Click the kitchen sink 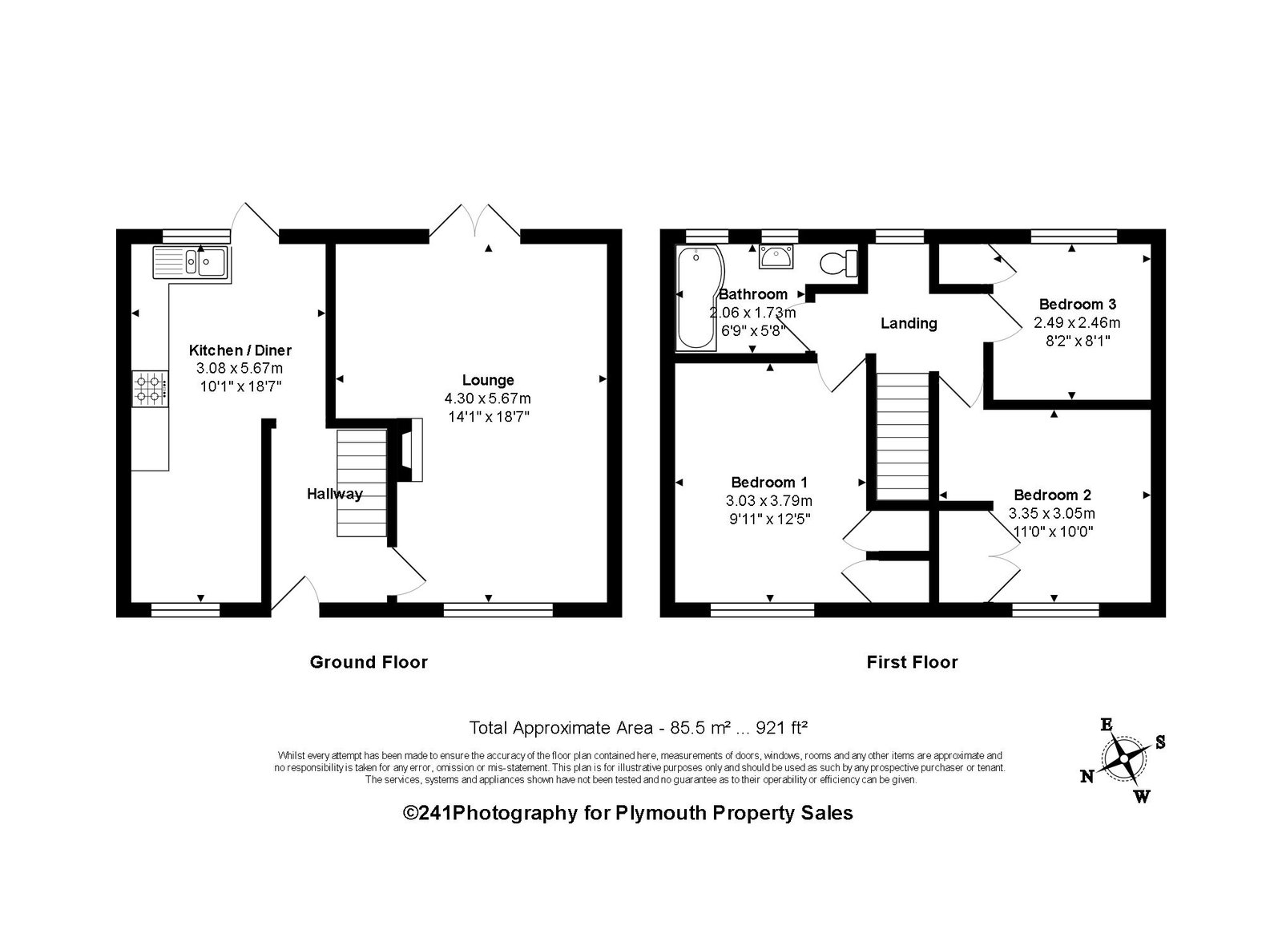(191, 264)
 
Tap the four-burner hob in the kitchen (151, 390)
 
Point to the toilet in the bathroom (839, 264)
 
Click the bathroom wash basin (776, 257)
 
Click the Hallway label (335, 494)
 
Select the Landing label (909, 324)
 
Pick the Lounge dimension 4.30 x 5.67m (488, 398)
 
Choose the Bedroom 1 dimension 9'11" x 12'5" (768, 519)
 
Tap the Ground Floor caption (369, 662)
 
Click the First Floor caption (912, 662)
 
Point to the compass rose (1123, 759)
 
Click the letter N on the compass (1086, 777)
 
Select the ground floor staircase (361, 483)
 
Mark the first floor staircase (902, 437)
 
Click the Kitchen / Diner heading (240, 350)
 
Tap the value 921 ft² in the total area (781, 728)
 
